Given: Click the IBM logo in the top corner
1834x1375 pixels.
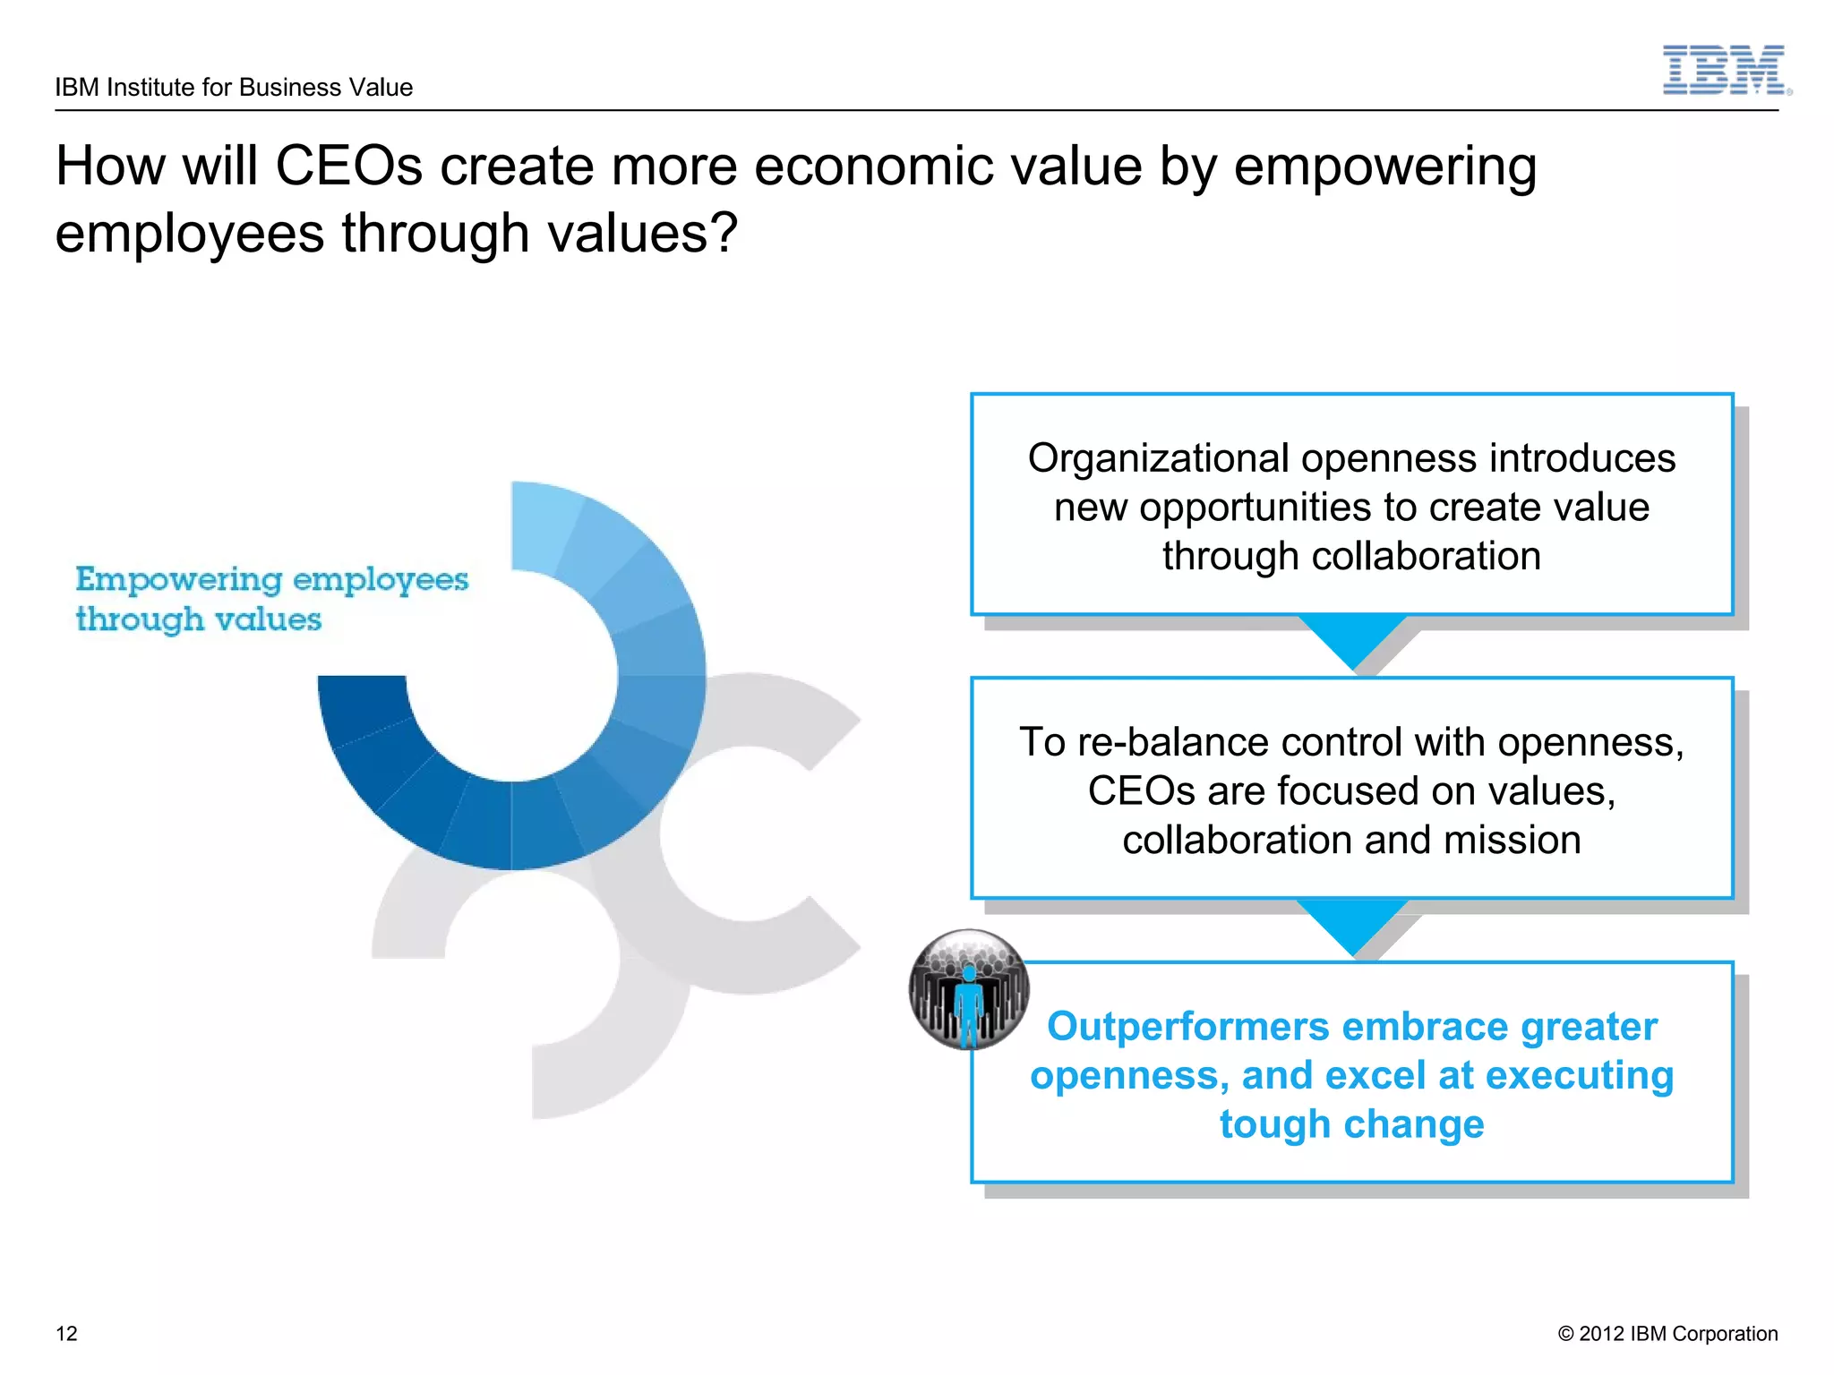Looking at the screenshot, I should pyautogui.click(x=1725, y=70).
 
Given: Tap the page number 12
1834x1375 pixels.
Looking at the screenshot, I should pyautogui.click(x=66, y=1334).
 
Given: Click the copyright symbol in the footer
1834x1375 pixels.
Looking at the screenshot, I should pyautogui.click(x=1565, y=1334).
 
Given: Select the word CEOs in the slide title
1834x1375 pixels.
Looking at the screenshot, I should pyautogui.click(x=348, y=167).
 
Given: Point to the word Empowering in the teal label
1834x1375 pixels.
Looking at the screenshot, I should pyautogui.click(x=178, y=580).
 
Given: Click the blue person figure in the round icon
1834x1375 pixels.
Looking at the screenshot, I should pyautogui.click(x=968, y=1003).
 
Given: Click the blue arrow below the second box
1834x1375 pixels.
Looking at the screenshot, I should pyautogui.click(x=1352, y=922).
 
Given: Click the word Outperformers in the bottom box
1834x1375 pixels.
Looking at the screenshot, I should pyautogui.click(x=1187, y=1027).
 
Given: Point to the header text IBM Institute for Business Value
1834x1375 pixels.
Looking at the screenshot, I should pyautogui.click(x=234, y=88).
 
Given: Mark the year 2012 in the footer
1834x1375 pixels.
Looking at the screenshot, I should pyautogui.click(x=1601, y=1334).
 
